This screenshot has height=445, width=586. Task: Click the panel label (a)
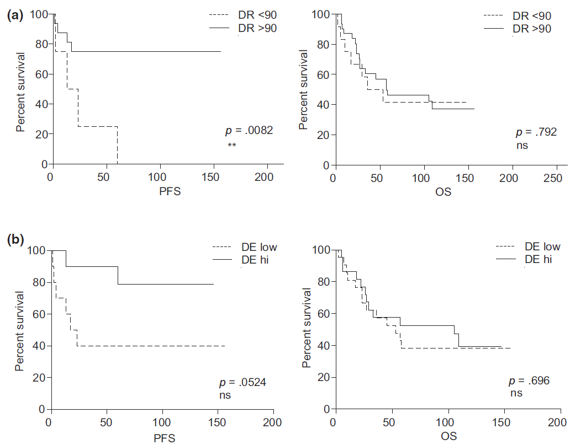pyautogui.click(x=14, y=15)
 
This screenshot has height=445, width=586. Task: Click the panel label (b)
pyautogui.click(x=14, y=241)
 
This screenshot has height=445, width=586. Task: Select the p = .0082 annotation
pyautogui.click(x=249, y=131)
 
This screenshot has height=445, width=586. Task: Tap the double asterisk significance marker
pyautogui.click(x=231, y=145)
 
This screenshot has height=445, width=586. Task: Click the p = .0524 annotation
pyautogui.click(x=242, y=382)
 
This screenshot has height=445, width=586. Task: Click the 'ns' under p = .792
pyautogui.click(x=522, y=146)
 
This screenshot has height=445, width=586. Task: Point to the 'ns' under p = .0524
pyautogui.click(x=225, y=395)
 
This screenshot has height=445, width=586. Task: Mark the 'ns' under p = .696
pyautogui.click(x=515, y=394)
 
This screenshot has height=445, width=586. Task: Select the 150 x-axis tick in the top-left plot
pyautogui.click(x=214, y=178)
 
